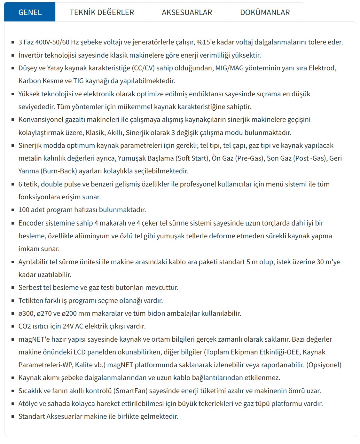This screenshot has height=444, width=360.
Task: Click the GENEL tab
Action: click(30, 12)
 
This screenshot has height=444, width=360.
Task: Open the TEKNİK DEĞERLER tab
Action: click(102, 12)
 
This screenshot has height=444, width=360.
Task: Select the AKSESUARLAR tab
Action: click(187, 12)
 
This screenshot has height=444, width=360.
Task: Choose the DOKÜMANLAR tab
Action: click(265, 12)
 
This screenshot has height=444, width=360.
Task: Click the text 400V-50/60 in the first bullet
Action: click(52, 42)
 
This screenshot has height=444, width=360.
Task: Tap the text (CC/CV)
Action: click(143, 68)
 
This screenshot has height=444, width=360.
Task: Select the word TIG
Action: click(78, 81)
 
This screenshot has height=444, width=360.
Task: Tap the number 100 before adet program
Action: click(24, 210)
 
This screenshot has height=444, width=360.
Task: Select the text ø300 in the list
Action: click(26, 313)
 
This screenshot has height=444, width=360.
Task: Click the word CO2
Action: click(24, 326)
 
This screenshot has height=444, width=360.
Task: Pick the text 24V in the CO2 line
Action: click(68, 326)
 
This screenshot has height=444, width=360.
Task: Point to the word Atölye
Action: click(28, 404)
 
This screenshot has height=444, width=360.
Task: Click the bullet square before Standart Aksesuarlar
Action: click(13, 416)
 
